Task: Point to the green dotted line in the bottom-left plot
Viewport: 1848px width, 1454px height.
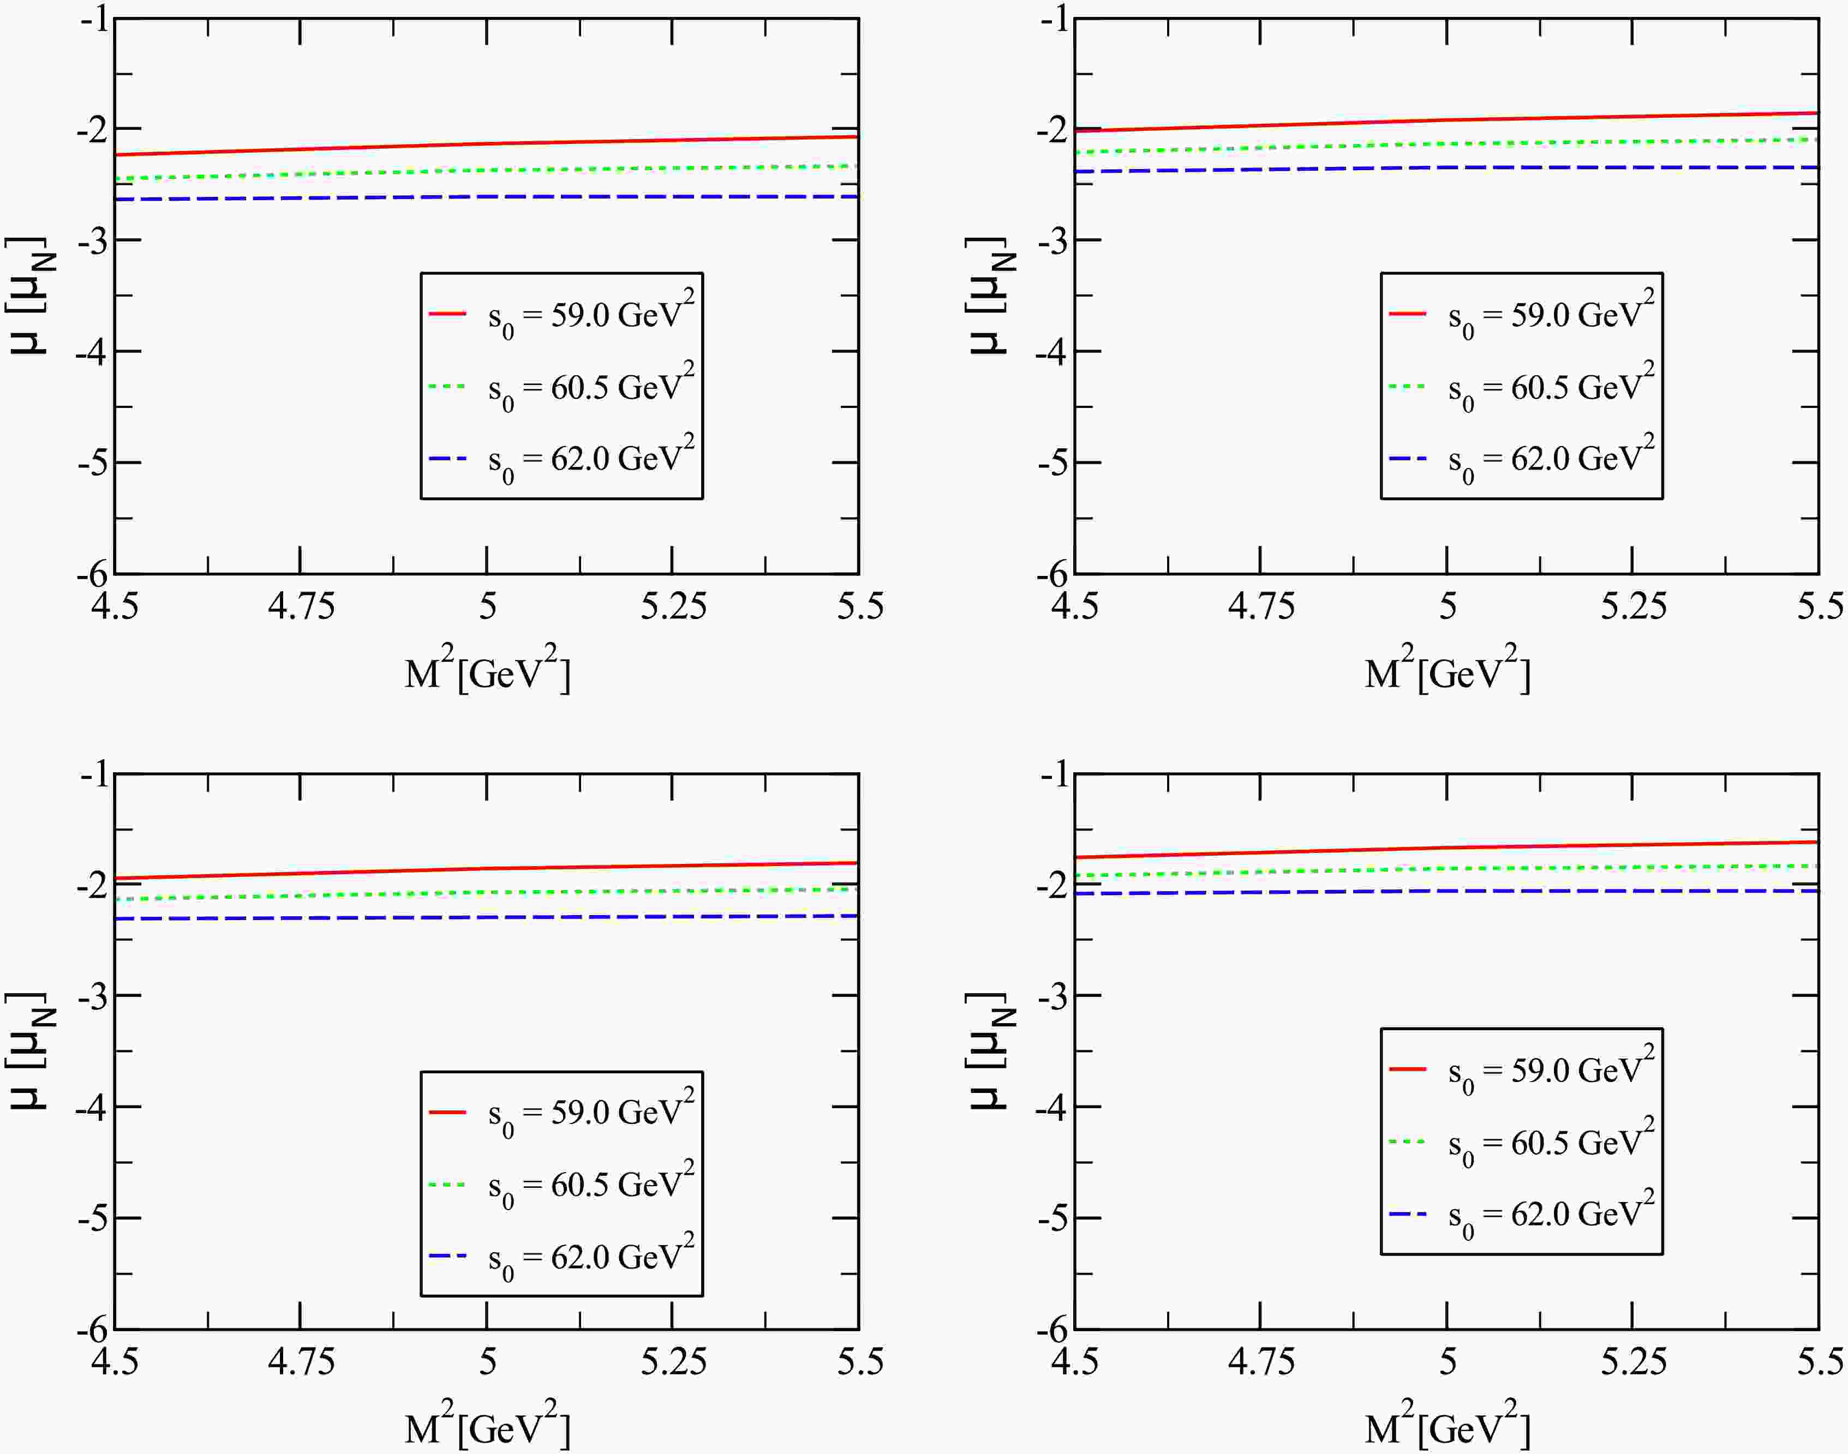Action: [x=486, y=893]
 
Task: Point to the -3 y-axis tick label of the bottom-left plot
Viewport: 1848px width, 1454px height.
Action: [x=92, y=995]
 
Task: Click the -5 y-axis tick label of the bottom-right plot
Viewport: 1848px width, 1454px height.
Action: [x=1052, y=1218]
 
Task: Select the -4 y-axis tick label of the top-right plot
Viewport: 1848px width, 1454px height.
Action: [x=1052, y=352]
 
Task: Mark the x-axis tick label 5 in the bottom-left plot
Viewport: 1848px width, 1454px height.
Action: [x=487, y=1362]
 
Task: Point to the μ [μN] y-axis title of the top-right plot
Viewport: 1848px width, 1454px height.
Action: [x=990, y=295]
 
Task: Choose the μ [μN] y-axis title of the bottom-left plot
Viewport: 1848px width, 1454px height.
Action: [x=30, y=1050]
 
